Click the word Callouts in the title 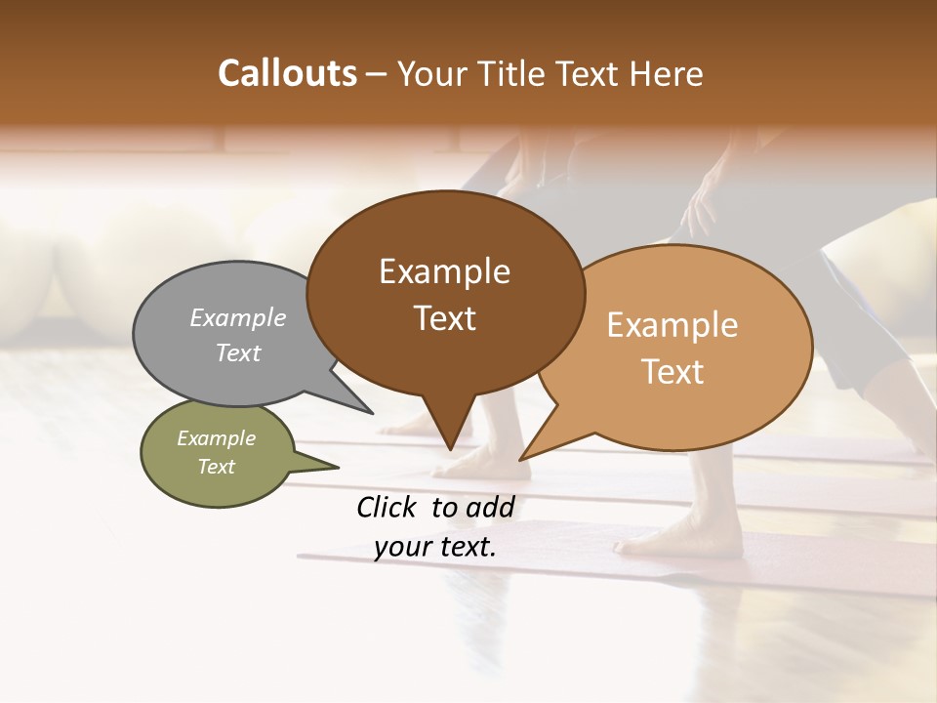(x=288, y=73)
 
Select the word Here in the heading (x=667, y=73)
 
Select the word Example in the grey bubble (x=238, y=317)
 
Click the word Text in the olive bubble (x=217, y=467)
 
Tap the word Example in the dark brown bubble (x=444, y=271)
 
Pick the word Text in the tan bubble (x=672, y=372)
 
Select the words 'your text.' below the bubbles (x=435, y=547)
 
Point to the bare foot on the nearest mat (x=683, y=537)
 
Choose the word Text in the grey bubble (x=238, y=352)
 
